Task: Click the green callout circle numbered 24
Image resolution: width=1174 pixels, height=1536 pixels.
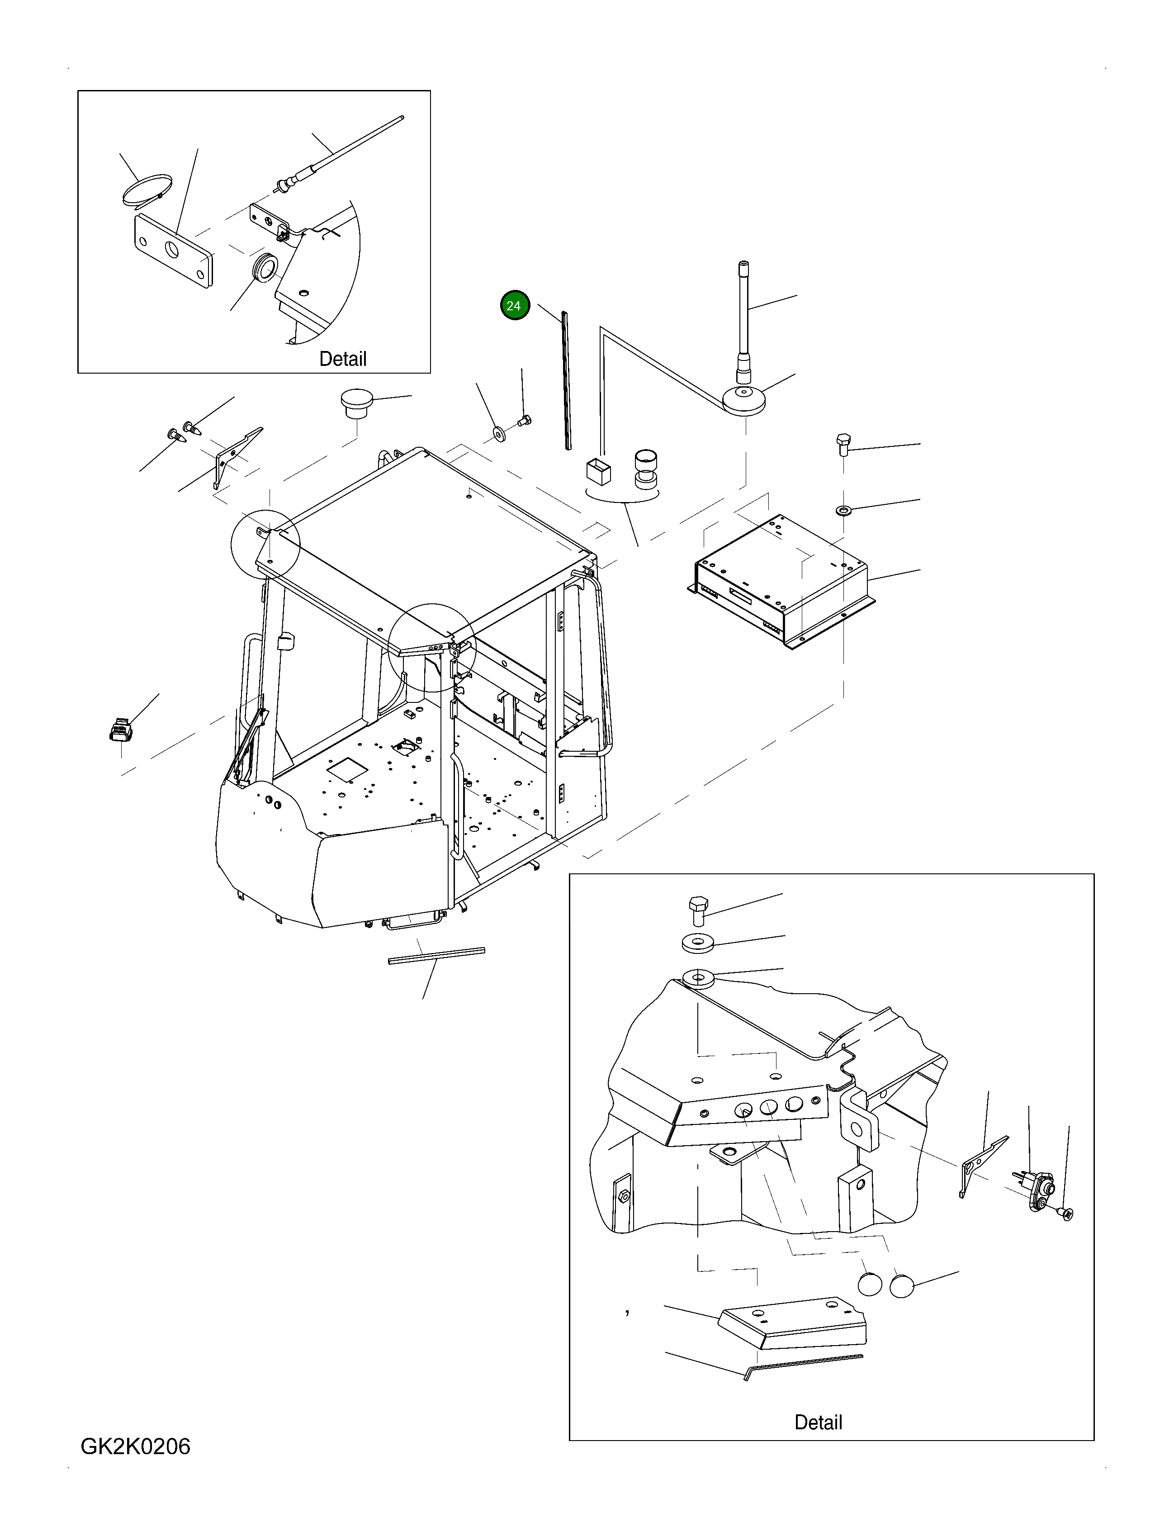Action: point(515,305)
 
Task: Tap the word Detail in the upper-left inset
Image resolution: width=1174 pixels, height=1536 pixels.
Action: point(342,359)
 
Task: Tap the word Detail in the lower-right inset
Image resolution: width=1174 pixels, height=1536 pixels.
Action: point(818,1422)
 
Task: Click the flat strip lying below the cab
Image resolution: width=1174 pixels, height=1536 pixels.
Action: point(436,955)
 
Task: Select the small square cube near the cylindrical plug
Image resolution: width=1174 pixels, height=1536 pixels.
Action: point(598,470)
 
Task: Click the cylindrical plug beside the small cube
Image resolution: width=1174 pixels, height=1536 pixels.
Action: point(646,468)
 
